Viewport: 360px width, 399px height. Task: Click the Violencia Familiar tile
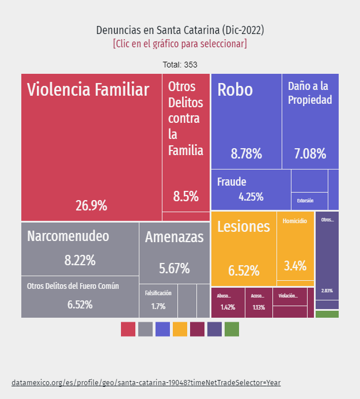[91, 147]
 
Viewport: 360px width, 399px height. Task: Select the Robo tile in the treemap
[246, 121]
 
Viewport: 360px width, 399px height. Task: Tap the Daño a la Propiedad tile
[310, 121]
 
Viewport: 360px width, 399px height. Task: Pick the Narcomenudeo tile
[80, 249]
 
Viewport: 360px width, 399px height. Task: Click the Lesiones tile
[243, 249]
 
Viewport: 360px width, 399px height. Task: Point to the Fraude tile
[251, 189]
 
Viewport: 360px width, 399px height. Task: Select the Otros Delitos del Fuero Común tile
[80, 296]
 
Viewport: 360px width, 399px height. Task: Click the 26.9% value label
[91, 206]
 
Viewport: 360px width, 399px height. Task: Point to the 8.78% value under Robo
[246, 154]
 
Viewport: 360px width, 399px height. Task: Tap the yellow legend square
[180, 329]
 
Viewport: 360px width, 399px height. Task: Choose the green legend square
[232, 329]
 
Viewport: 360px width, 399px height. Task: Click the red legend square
[128, 329]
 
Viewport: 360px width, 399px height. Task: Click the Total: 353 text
[180, 65]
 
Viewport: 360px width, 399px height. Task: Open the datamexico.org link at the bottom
[146, 382]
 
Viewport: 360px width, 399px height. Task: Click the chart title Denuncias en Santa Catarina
[180, 30]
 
